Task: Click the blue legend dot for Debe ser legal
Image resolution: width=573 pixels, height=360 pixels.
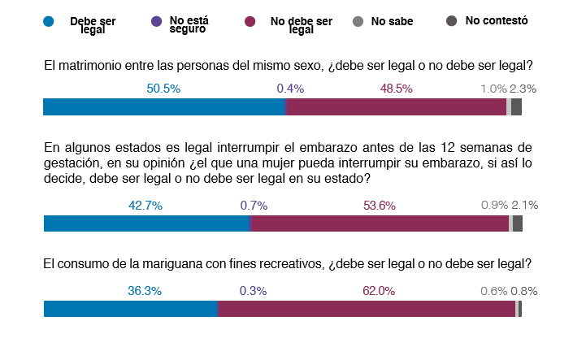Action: click(x=48, y=23)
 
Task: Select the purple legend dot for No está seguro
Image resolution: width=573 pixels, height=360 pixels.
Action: click(x=156, y=23)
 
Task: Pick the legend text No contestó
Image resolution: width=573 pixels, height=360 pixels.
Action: click(x=497, y=20)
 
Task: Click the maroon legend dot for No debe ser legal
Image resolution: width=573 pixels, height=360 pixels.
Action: click(x=252, y=23)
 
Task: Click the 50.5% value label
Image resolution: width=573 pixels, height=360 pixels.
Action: click(x=163, y=88)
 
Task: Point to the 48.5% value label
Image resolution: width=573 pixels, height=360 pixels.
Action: click(x=396, y=88)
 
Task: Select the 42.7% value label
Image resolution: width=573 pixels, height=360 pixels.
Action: click(x=145, y=206)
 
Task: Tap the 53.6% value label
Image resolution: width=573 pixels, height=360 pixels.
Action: click(x=379, y=206)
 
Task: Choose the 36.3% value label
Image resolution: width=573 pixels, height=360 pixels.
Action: click(x=145, y=290)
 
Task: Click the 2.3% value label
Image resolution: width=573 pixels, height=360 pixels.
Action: click(x=523, y=88)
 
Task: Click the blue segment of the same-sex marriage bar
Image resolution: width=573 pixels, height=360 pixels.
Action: click(x=163, y=107)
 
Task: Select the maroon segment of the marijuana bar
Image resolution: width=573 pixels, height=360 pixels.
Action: click(x=366, y=309)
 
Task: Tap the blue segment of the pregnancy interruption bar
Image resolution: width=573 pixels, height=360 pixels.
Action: click(x=145, y=224)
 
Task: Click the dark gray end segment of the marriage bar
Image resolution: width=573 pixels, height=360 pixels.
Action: click(x=516, y=107)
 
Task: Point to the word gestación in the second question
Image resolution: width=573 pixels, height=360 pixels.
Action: click(x=70, y=163)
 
